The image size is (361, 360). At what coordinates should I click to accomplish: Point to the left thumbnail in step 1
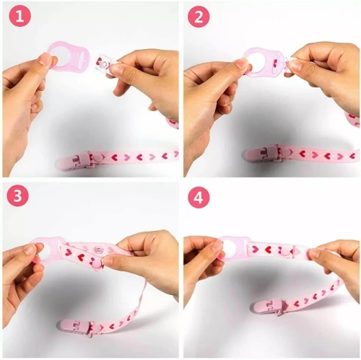(45, 60)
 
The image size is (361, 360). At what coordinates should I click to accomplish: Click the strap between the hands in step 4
(278, 250)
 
